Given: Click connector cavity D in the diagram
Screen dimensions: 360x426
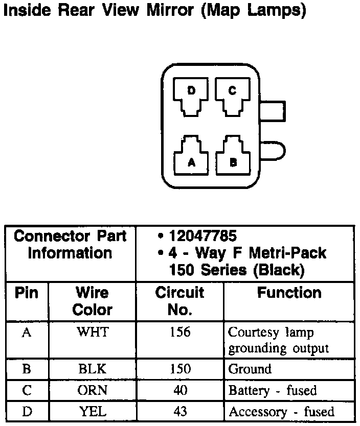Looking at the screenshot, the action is [191, 96].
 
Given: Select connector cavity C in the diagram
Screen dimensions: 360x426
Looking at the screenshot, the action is [232, 96].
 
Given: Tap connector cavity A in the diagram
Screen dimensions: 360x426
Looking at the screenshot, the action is [192, 157].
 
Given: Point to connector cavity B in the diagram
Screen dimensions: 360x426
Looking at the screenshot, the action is [233, 157].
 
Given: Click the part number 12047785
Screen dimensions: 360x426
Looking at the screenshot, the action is [203, 236].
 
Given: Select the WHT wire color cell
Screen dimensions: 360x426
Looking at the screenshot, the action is [93, 333].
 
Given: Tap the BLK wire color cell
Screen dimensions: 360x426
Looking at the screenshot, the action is [93, 369].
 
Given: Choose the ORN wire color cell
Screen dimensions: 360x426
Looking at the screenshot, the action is [93, 391].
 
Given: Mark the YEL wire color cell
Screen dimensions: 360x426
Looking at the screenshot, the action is [93, 411].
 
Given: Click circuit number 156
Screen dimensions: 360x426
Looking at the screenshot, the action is [179, 333].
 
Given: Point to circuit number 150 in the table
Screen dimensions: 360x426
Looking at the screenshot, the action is [179, 369].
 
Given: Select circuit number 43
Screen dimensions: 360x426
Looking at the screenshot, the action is [179, 411].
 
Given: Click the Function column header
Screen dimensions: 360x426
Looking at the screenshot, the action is [289, 293].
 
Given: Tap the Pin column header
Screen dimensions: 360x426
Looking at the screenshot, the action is [26, 293].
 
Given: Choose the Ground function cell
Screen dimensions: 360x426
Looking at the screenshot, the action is [250, 369].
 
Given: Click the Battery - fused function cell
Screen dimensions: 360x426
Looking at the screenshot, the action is [273, 391].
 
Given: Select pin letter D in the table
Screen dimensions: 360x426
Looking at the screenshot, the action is [27, 411].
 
